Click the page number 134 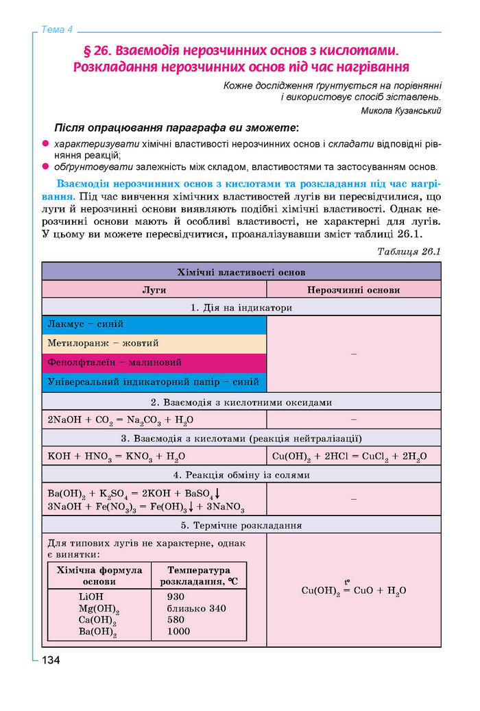click(51, 660)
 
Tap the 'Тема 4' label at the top click(57, 29)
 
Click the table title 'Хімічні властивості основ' click(241, 272)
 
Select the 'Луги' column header click(154, 289)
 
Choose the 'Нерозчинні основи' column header click(353, 289)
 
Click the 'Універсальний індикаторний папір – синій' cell click(153, 381)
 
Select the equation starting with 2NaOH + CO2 click(121, 420)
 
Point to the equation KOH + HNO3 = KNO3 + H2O click(117, 456)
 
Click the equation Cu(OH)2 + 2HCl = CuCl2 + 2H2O click(349, 456)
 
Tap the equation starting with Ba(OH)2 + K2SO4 click(134, 494)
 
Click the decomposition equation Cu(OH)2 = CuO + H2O click(354, 590)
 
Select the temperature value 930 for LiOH click(176, 596)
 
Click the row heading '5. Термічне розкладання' click(241, 525)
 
